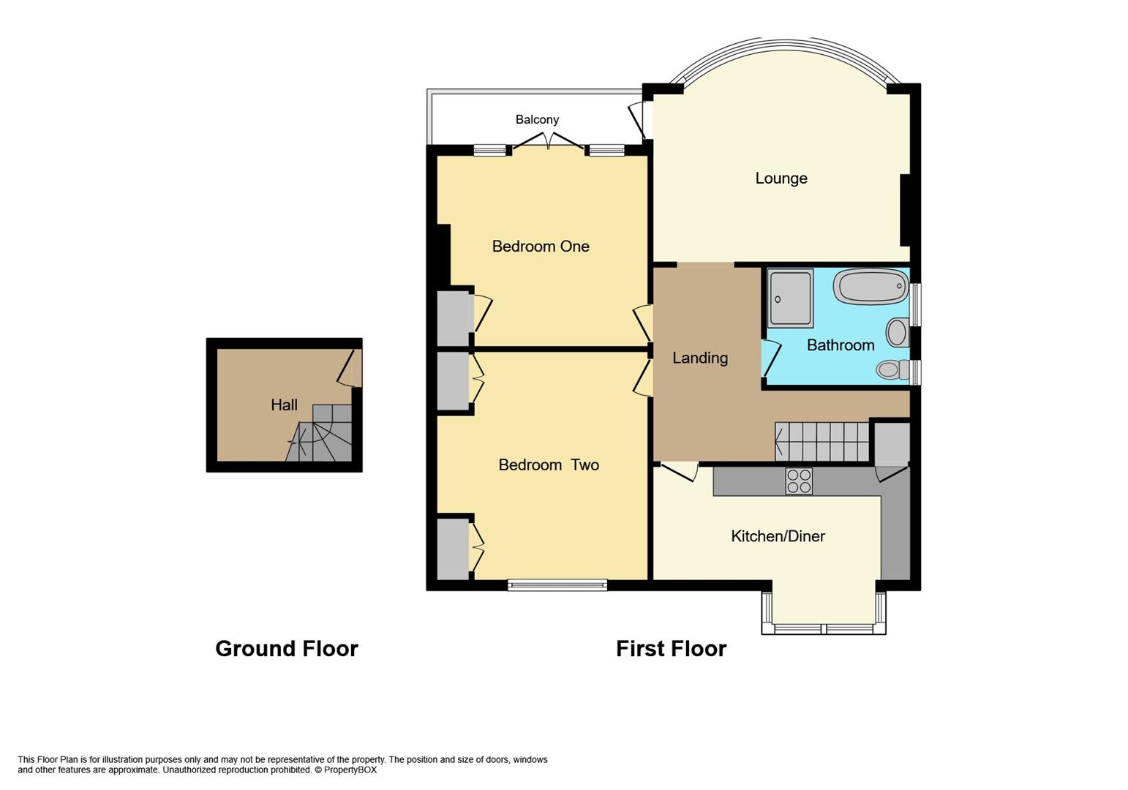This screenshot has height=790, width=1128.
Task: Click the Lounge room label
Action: pos(781,178)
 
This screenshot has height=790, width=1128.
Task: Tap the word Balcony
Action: pos(537,119)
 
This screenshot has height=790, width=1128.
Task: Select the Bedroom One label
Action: pos(540,247)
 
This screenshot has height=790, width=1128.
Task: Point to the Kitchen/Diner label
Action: pos(778,536)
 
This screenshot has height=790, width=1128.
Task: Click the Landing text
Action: pos(700,358)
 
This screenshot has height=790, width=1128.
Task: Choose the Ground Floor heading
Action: pos(286,649)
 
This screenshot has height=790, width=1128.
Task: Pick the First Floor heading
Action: pos(671,649)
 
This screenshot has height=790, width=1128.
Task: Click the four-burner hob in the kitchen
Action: pos(798,481)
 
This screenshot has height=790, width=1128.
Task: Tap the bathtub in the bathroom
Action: pos(871,287)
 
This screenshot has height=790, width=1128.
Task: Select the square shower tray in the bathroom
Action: pos(790,298)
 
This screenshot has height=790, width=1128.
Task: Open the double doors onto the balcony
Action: pos(548,141)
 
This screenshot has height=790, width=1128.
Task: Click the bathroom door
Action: pos(771,358)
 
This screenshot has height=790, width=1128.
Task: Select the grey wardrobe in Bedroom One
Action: pos(453,319)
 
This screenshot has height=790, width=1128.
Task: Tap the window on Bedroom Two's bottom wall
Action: pos(557,584)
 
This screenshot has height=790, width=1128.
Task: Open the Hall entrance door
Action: pos(350,368)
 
